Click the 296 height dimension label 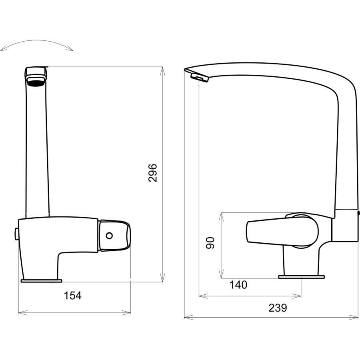coord(153,173)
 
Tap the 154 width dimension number coord(72,296)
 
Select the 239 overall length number coord(278,308)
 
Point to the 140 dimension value coord(238,285)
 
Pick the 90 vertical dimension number coord(210,243)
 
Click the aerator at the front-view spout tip coord(35,81)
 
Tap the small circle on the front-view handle coord(109,235)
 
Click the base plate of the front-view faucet coord(41,280)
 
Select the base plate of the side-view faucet coord(302,277)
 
